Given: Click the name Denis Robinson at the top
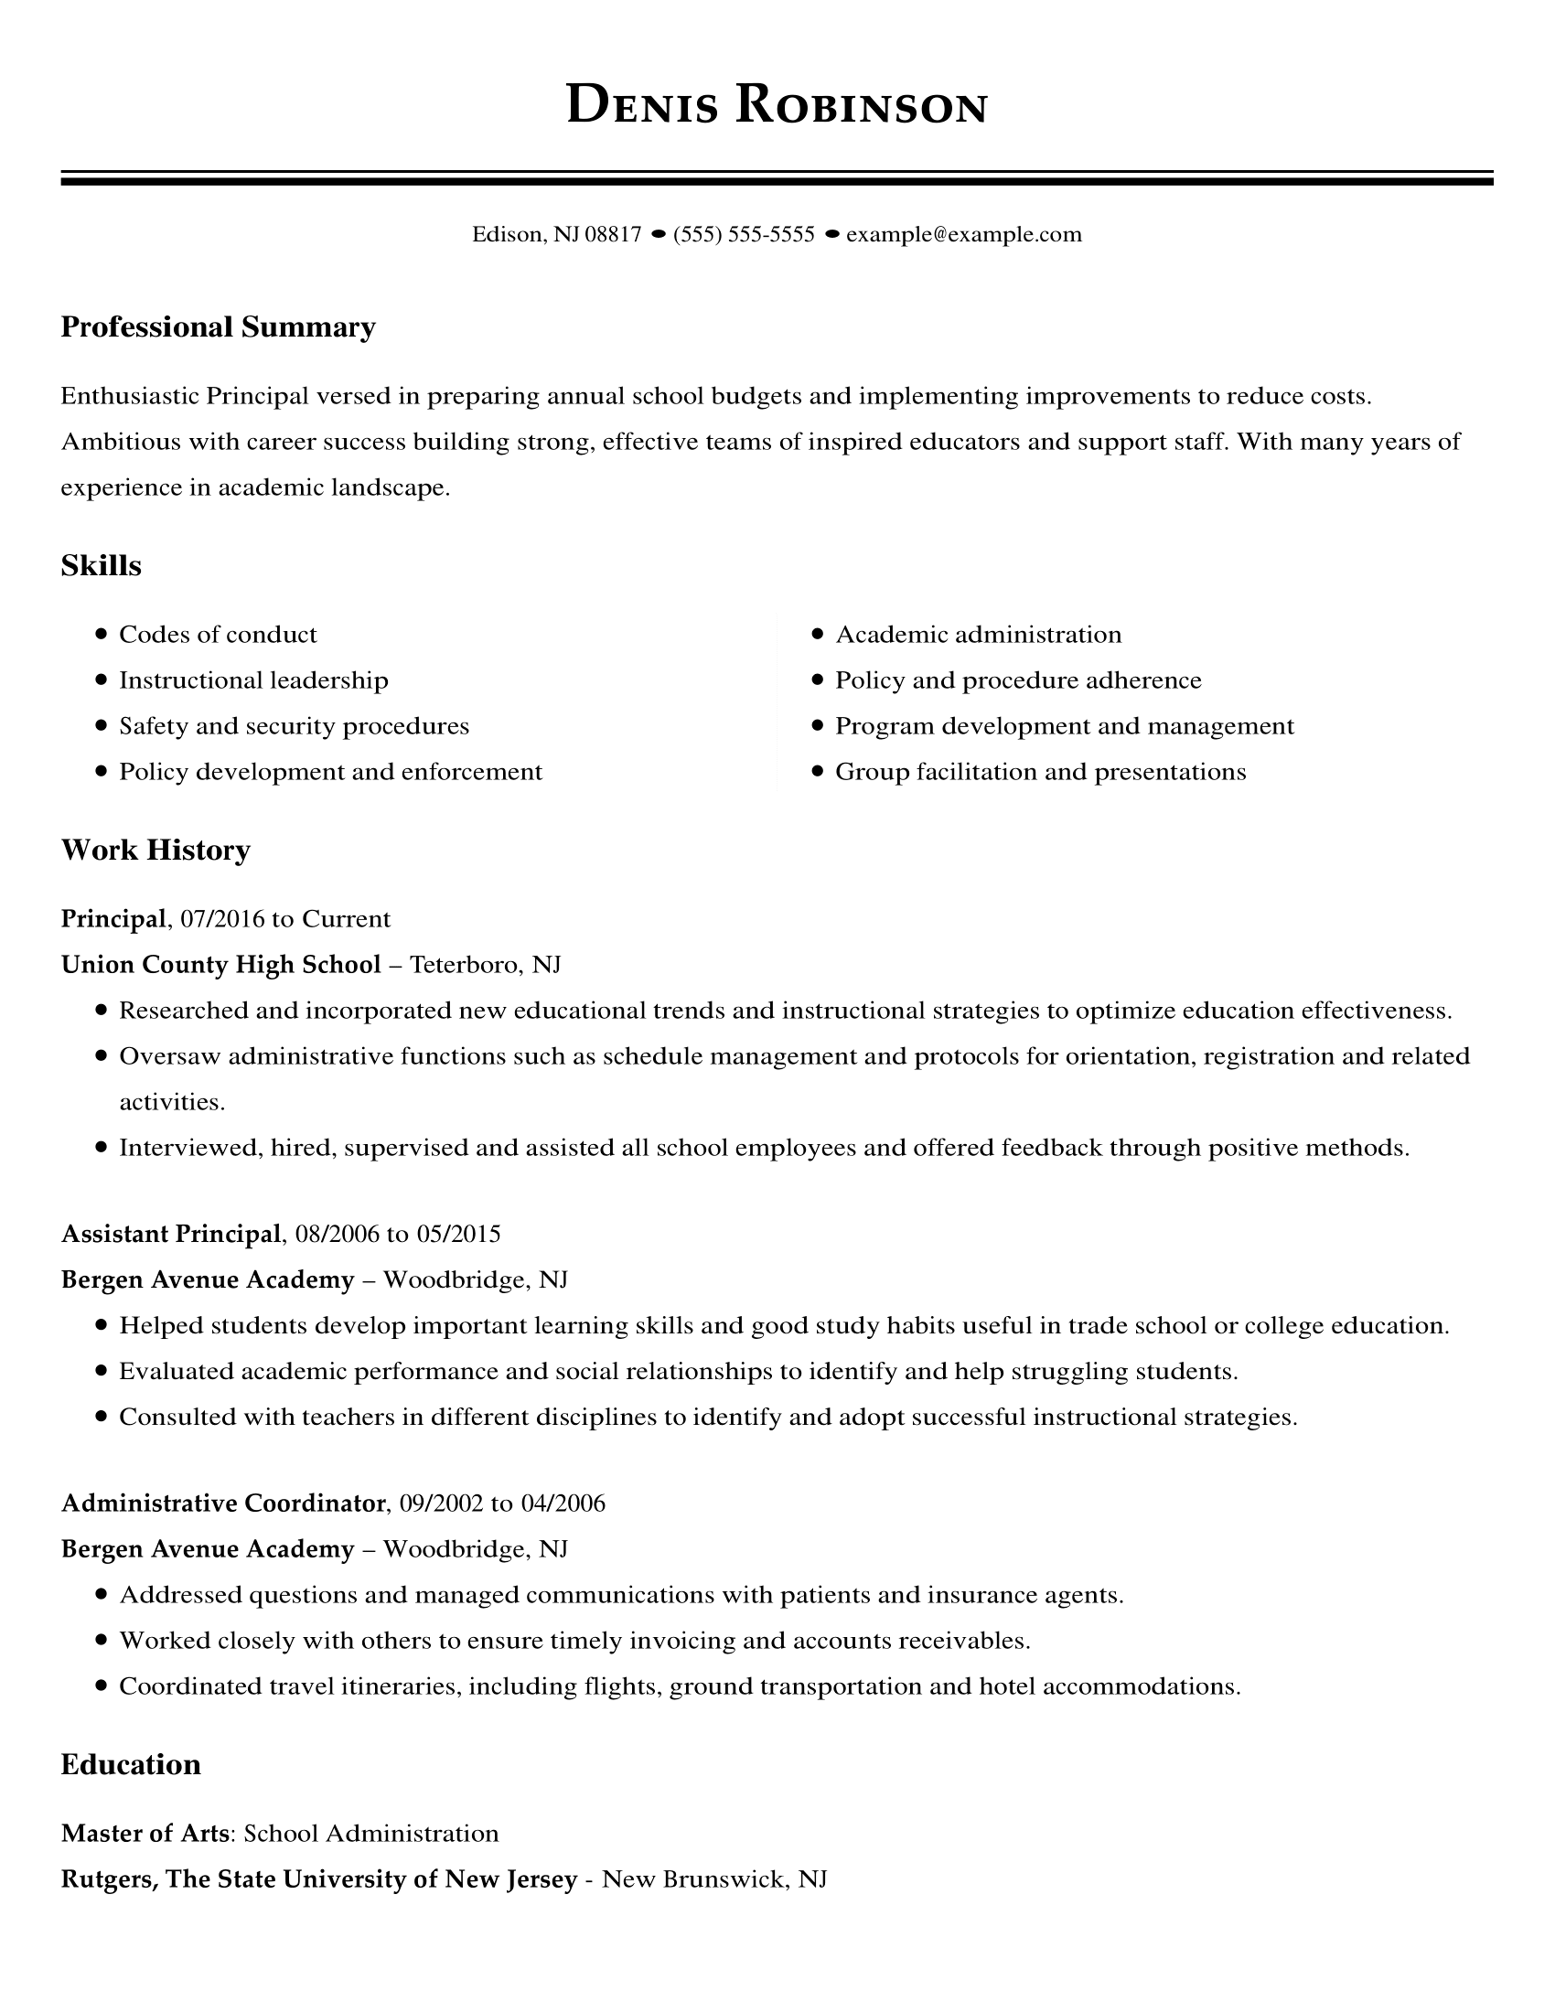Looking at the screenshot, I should (777, 105).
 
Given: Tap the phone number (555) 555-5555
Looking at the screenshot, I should (744, 235).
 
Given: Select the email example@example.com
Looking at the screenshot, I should (963, 235).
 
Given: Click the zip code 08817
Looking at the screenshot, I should (613, 235).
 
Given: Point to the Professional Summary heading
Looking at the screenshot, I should (219, 327).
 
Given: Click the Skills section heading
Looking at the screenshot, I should (102, 565).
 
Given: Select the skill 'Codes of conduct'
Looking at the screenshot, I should (218, 635).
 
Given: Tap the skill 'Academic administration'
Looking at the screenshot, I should (979, 635).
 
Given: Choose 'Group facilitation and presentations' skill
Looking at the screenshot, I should (1040, 772).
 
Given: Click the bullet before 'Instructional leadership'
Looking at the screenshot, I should (102, 680).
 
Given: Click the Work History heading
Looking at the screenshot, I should (155, 850).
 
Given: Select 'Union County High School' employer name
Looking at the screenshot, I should (221, 965).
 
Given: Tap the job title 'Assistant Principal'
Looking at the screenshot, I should (170, 1234).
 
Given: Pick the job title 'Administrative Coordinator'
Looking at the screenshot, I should (223, 1504).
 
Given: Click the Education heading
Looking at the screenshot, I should (131, 1764).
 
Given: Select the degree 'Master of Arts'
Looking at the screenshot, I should (145, 1834).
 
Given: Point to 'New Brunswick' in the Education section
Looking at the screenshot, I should (694, 1879).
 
